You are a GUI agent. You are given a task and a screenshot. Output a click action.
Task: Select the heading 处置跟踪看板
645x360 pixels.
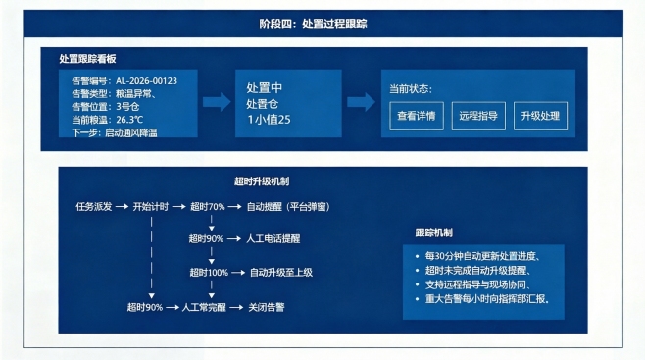[x=88, y=59]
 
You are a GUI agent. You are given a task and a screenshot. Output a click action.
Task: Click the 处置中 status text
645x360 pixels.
[x=265, y=88]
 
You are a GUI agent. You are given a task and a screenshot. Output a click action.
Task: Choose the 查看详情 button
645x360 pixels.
[x=415, y=115]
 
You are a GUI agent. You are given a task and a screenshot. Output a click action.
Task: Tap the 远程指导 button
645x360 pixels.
[x=477, y=115]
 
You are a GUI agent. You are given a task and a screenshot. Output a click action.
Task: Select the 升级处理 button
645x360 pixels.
[x=540, y=115]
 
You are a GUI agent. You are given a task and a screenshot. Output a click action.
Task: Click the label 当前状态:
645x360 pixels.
[x=411, y=88]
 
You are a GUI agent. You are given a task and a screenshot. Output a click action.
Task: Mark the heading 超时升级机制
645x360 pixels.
[x=262, y=182]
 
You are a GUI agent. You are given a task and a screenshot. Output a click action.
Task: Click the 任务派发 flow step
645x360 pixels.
[x=94, y=207]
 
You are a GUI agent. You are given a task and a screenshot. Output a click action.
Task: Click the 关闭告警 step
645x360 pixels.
[x=268, y=306]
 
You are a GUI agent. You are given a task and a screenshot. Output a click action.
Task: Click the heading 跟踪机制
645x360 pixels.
[x=434, y=232]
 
